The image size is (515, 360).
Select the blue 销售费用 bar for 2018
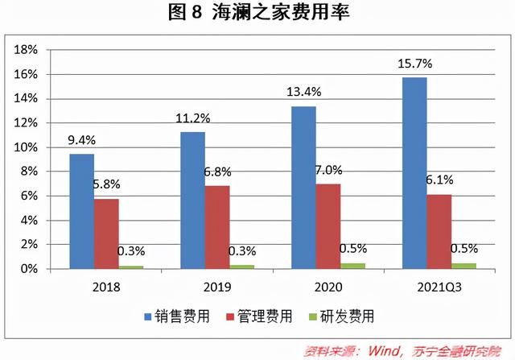click(82, 211)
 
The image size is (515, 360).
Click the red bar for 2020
click(328, 226)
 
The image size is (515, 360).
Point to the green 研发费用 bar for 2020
click(352, 266)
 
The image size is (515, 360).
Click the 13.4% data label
click(303, 93)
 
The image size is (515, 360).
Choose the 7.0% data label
click(328, 170)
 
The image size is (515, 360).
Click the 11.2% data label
click(193, 118)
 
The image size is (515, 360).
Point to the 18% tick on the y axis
click(27, 50)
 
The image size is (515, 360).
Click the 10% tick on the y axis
click(27, 147)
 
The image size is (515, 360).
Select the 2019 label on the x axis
click(217, 285)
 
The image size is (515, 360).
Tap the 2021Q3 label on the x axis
click(439, 285)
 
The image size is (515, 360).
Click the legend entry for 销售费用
click(178, 317)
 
